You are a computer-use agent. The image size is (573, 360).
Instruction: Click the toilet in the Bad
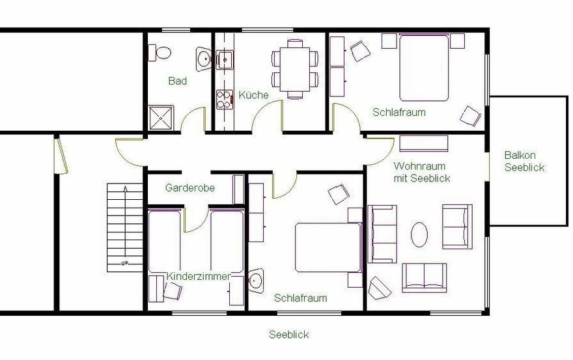click(160, 53)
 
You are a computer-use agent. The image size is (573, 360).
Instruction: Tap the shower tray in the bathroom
click(161, 118)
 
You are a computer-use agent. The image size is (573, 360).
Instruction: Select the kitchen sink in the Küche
click(225, 60)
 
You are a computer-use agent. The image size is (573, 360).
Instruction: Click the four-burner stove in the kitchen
click(225, 100)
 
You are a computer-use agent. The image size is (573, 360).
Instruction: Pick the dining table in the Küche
click(295, 70)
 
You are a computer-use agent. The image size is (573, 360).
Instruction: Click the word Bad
click(178, 81)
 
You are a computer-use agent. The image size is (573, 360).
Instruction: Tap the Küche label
click(253, 95)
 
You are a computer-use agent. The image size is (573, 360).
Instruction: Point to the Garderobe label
click(190, 188)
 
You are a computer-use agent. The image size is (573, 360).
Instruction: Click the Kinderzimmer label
click(199, 276)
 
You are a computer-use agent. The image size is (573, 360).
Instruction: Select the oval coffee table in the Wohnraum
click(419, 234)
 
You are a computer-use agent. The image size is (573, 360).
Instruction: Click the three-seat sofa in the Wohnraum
click(382, 234)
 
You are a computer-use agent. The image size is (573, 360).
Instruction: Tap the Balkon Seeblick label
click(524, 161)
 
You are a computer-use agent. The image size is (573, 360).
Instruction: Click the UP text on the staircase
click(124, 263)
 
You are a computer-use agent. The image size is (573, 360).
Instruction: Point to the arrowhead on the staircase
click(125, 189)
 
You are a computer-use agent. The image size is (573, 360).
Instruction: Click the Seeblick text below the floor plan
click(289, 335)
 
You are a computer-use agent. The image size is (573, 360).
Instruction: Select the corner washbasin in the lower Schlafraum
click(256, 281)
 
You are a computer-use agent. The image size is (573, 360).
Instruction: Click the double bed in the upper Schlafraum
click(424, 67)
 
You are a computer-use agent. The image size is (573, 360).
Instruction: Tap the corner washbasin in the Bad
click(203, 59)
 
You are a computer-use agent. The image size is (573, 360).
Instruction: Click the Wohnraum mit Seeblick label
click(422, 172)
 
